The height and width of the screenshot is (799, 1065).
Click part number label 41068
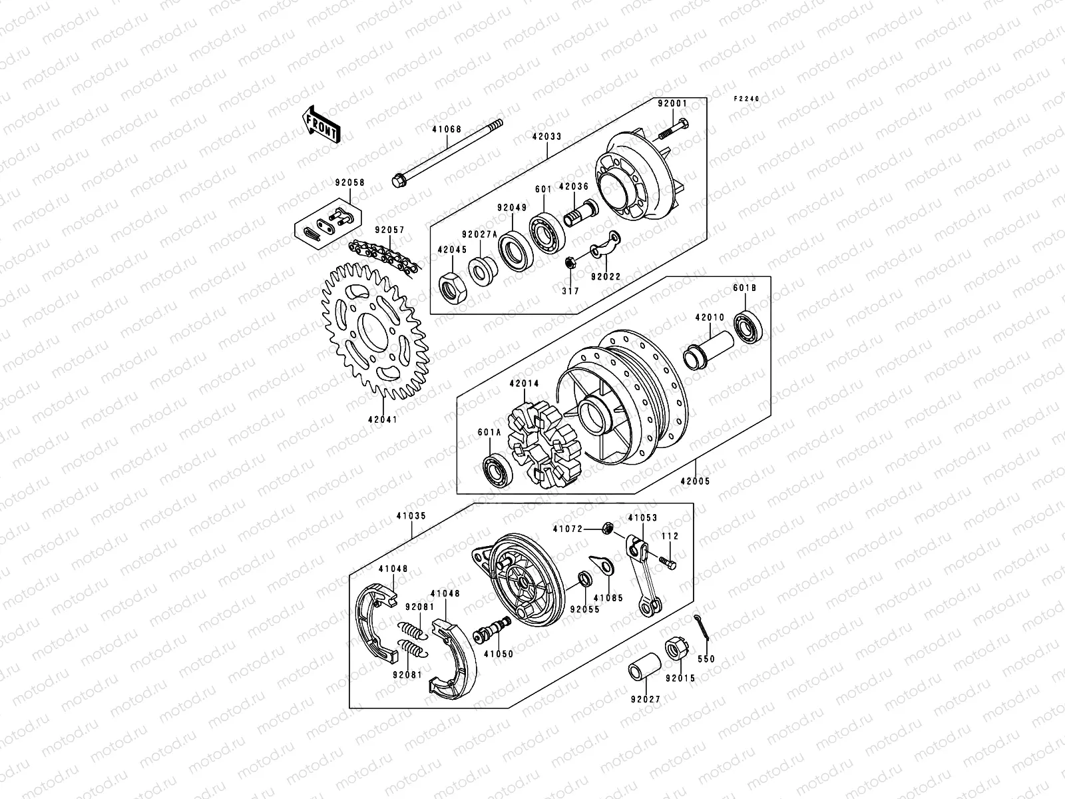pyautogui.click(x=442, y=132)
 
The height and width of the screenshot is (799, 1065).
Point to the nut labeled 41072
pyautogui.click(x=607, y=529)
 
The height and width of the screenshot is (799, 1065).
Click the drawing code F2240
pyautogui.click(x=746, y=99)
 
